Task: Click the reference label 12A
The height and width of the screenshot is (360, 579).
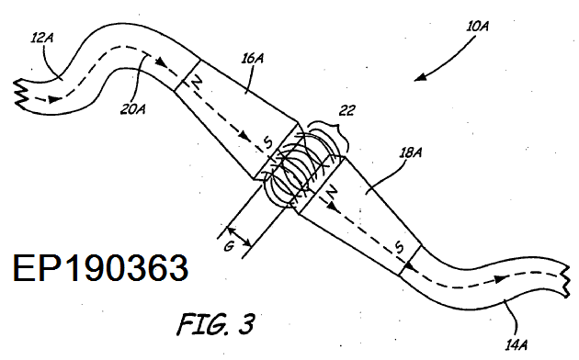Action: (x=41, y=38)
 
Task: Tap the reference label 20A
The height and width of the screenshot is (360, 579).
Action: (x=133, y=108)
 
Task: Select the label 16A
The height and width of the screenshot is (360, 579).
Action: (x=253, y=58)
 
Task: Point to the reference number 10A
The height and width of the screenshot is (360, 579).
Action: (x=478, y=27)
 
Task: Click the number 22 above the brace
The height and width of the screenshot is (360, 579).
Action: (x=346, y=110)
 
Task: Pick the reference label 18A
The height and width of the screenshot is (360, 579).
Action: (x=410, y=152)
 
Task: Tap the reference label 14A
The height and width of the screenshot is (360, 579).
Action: (x=517, y=345)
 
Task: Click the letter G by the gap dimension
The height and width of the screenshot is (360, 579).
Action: (x=230, y=246)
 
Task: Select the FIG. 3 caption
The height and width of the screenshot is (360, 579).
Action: (x=216, y=324)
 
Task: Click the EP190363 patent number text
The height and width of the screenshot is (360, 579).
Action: (x=100, y=268)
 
